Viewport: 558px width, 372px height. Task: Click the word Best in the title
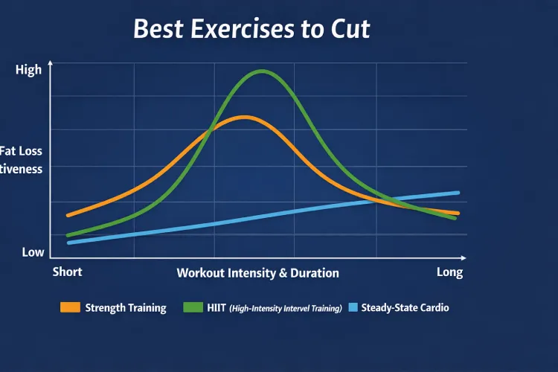[158, 29]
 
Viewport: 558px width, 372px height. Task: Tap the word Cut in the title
[348, 29]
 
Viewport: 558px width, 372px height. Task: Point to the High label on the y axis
[28, 70]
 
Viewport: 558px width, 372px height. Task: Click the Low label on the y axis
[33, 252]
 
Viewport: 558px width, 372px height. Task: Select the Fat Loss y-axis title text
[22, 151]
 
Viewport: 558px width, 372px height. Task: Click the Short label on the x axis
[67, 272]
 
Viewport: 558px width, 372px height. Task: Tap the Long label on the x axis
[449, 272]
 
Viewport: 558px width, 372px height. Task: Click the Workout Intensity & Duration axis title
[257, 273]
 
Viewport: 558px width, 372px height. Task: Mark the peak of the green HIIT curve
[262, 71]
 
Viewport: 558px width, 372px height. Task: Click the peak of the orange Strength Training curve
[243, 117]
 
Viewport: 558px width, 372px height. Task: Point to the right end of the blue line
[458, 193]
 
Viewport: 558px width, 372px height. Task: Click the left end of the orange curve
[68, 216]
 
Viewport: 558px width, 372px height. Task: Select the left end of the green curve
[68, 236]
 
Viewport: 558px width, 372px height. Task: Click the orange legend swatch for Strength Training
[70, 307]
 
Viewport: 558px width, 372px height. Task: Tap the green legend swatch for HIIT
[193, 307]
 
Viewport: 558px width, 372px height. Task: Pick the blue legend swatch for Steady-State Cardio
[353, 307]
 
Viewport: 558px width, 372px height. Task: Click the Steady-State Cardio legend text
[405, 307]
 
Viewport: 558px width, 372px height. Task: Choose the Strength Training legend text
[126, 307]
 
